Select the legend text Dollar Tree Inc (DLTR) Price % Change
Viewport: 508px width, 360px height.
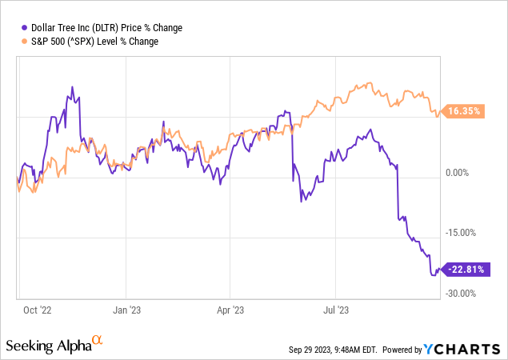[105, 28]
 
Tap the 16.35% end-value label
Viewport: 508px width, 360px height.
[463, 112]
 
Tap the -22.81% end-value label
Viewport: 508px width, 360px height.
[463, 270]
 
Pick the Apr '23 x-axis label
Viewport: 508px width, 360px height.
[230, 306]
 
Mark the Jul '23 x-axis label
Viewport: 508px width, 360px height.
[336, 306]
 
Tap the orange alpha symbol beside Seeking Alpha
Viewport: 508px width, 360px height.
[98, 341]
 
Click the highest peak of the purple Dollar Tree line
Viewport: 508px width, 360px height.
[72, 86]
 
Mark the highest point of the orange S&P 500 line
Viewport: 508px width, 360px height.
[368, 82]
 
